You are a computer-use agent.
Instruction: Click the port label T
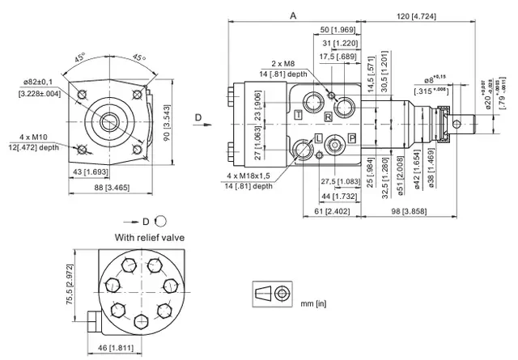pyautogui.click(x=299, y=116)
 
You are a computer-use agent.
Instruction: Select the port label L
pyautogui.click(x=319, y=138)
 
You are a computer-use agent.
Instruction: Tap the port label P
pyautogui.click(x=352, y=139)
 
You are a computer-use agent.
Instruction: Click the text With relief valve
pyautogui.click(x=151, y=237)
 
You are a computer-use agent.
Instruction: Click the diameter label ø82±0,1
pyautogui.click(x=37, y=82)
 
